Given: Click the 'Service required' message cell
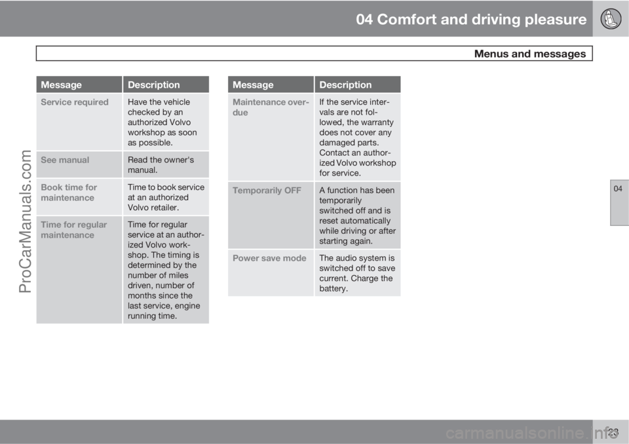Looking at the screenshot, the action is point(79,122).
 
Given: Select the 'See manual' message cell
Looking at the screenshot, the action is point(79,164).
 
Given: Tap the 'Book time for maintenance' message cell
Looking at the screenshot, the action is point(79,197).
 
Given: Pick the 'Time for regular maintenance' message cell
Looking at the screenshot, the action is point(79,270).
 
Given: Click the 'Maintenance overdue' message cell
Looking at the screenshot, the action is point(271,137).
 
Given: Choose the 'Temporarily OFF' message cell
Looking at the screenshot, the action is point(271,215).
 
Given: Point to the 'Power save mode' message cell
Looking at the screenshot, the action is point(271,272).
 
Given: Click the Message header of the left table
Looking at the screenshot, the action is point(79,84).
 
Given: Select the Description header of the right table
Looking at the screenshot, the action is point(358,84).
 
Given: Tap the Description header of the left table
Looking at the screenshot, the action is point(166,84).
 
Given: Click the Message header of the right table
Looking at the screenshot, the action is point(271,84).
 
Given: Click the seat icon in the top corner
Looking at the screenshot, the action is point(611,18).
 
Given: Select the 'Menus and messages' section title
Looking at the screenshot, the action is point(530,54).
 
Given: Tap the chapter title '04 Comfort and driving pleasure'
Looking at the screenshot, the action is point(471,19).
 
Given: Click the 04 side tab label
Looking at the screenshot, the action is point(618,189).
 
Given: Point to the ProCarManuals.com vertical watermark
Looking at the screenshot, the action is point(26,221).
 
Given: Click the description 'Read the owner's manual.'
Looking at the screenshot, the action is point(161,165).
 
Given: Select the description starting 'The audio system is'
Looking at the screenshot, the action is point(357,273).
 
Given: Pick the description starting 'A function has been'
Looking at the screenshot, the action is point(358,215).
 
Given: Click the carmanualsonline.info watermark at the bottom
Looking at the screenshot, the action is point(532,433).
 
